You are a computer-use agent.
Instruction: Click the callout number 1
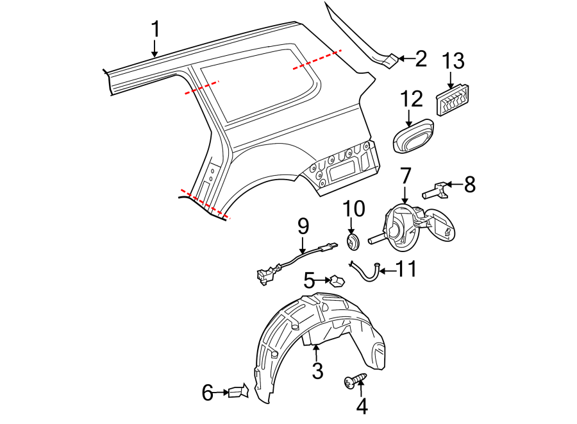(x=155, y=30)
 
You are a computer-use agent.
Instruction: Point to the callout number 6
(x=207, y=392)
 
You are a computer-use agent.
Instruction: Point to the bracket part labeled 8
(x=435, y=190)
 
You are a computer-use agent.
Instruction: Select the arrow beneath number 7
(x=405, y=196)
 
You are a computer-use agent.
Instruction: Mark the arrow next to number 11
(x=386, y=270)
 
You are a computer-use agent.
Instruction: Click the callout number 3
(x=317, y=370)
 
